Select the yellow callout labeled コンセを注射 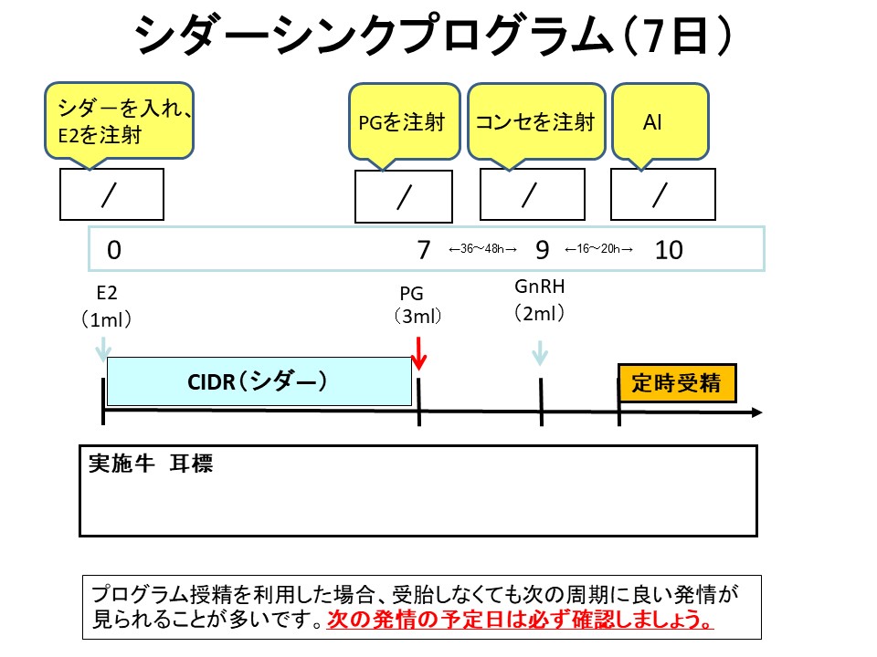click(x=536, y=122)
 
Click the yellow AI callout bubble click(x=660, y=121)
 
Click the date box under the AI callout click(x=662, y=194)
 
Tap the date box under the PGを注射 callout click(x=404, y=196)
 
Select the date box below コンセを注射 click(x=532, y=194)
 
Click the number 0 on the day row click(x=113, y=250)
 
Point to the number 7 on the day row click(x=423, y=250)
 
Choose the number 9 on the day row click(x=542, y=250)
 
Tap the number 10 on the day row click(x=669, y=250)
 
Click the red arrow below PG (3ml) click(x=418, y=353)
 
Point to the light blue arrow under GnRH click(x=540, y=352)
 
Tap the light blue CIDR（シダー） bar click(x=259, y=381)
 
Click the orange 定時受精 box click(x=676, y=383)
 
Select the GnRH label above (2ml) click(x=540, y=287)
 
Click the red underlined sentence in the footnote click(x=521, y=621)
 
